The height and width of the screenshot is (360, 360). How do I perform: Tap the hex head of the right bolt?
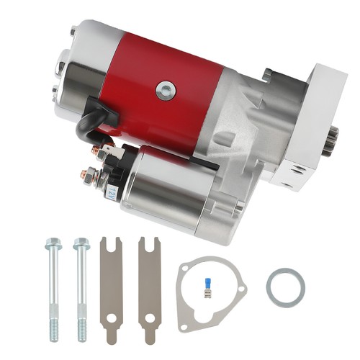81,244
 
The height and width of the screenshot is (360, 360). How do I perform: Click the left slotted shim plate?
112,288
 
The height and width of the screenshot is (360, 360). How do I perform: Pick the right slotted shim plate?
150,288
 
